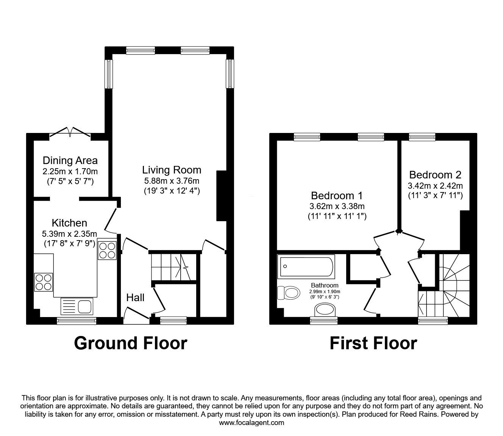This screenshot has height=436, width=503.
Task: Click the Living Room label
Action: tap(172, 170)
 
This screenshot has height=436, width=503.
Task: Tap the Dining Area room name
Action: tap(70, 161)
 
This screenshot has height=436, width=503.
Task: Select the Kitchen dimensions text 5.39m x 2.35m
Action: tap(70, 234)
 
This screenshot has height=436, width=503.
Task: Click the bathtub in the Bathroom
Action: tap(306, 266)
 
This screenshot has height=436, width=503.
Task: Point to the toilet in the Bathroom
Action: tap(288, 293)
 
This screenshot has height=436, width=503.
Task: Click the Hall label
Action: tap(135, 298)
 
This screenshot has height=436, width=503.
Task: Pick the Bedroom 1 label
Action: tap(336, 195)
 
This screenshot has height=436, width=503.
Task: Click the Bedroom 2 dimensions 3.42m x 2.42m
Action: tap(435, 186)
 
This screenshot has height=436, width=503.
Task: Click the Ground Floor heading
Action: tap(131, 343)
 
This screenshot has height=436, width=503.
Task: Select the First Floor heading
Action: tap(373, 343)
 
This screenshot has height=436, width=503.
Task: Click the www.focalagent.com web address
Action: tap(251, 423)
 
